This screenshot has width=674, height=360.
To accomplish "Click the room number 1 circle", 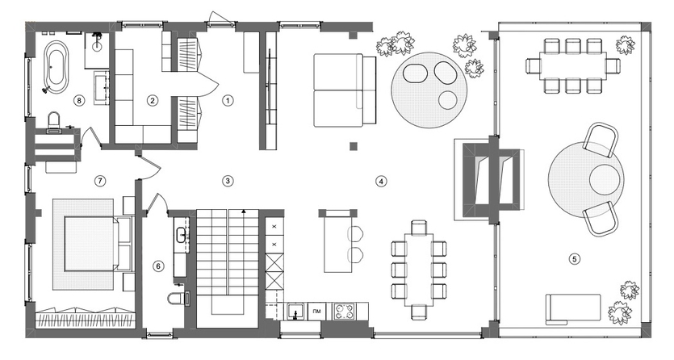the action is tap(228, 101).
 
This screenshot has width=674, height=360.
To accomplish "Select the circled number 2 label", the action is tap(152, 101).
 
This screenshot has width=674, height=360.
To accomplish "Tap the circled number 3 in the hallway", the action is tap(228, 181).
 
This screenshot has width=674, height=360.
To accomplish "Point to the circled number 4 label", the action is tap(381, 182).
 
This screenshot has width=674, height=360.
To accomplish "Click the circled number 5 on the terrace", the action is tap(575, 258).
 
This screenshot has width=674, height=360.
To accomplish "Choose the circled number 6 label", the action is tap(158, 266).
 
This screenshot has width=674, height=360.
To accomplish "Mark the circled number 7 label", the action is tap(100, 181).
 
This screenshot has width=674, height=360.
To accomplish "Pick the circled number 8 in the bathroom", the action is tap(78, 101).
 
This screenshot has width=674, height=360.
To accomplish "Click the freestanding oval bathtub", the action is tap(57, 66).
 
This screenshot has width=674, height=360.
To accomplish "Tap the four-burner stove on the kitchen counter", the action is tap(344, 312).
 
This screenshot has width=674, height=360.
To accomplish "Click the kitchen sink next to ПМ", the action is tap(295, 312).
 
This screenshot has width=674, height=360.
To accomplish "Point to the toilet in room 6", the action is tap(178, 297).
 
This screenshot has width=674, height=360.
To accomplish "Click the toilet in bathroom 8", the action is tap(54, 119).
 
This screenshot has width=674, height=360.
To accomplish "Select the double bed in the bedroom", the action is tap(97, 244).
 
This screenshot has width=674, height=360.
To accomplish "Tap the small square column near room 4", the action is tap(354, 146).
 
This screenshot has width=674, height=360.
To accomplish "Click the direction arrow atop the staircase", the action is tap(244, 212).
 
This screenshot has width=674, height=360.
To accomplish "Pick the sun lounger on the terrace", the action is tap(573, 309).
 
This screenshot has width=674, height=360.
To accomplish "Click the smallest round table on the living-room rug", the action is tap(448, 99).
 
